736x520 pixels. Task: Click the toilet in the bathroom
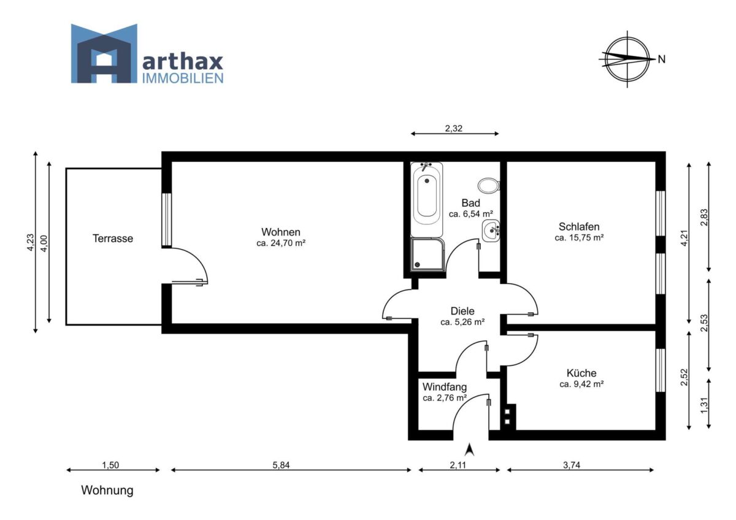tap(489, 186)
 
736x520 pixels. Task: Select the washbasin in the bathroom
tap(491, 231)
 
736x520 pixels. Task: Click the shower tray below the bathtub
tap(427, 254)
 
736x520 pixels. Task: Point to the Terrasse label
tap(113, 239)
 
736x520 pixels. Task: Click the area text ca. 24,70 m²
tap(281, 243)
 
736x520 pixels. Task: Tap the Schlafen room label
tap(579, 226)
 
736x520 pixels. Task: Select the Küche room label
tap(581, 373)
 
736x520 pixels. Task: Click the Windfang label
tap(445, 387)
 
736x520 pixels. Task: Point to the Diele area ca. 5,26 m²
tap(462, 323)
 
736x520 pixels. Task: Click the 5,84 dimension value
tap(281, 465)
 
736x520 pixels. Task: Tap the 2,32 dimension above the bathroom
tap(454, 128)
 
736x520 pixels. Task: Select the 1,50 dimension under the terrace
tap(110, 465)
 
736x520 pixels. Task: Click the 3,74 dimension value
tap(572, 465)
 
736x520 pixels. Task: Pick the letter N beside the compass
tap(661, 59)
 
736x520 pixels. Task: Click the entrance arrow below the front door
tap(470, 449)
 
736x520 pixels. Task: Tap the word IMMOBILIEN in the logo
tap(183, 78)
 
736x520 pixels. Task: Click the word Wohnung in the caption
tap(107, 491)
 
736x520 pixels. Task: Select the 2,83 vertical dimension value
tap(704, 218)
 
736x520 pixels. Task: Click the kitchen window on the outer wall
tap(661, 370)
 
